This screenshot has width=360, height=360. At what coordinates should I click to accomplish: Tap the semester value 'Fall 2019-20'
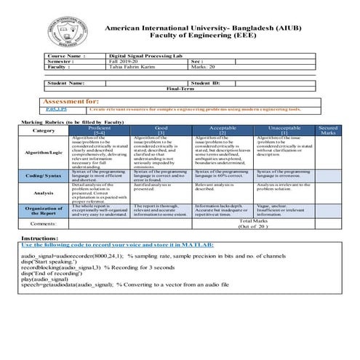124,61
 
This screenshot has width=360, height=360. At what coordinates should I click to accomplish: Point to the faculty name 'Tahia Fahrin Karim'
129,67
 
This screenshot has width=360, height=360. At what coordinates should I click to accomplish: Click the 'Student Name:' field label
69,84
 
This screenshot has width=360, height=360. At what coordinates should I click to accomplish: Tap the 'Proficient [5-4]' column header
100,130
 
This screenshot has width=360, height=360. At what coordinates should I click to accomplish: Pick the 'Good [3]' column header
161,130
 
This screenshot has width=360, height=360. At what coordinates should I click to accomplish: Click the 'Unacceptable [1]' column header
284,130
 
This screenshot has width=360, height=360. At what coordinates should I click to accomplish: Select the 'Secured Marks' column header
328,130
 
